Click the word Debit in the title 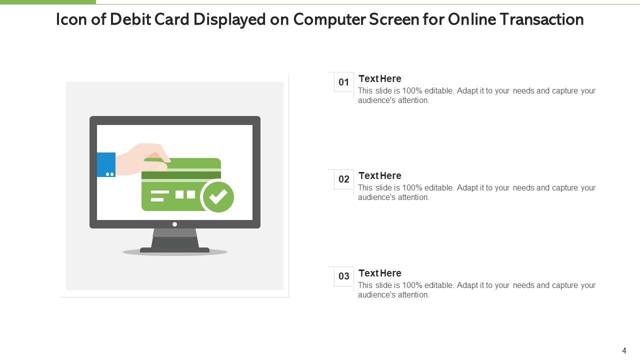[x=130, y=19]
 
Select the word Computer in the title [x=329, y=20]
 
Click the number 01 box [x=343, y=82]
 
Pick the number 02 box [x=343, y=179]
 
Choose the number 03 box [x=343, y=276]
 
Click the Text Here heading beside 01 [x=379, y=78]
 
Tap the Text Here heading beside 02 [x=379, y=175]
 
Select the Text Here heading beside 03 [x=379, y=273]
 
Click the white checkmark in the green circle [x=218, y=196]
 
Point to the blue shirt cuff [x=106, y=164]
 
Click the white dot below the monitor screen [x=175, y=224]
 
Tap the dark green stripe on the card [x=181, y=175]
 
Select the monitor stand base [x=175, y=250]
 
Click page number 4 [x=624, y=350]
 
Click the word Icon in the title [x=71, y=19]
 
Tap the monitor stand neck [x=175, y=238]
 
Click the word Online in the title [x=471, y=19]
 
